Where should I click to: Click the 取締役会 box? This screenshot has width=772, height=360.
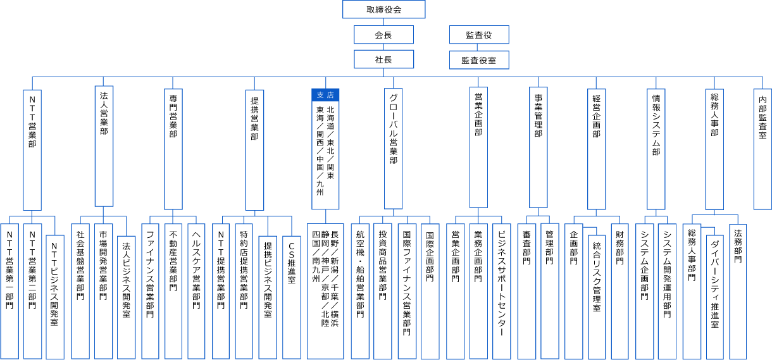(x=383, y=9)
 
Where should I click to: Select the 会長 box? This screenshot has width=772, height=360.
(x=383, y=34)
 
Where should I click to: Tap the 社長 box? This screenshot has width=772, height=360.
(x=383, y=59)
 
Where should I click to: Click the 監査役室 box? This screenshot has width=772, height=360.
(x=479, y=60)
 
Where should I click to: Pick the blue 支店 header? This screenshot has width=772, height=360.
(x=325, y=95)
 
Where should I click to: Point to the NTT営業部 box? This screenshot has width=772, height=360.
(x=32, y=150)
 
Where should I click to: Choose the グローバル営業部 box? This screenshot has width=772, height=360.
(x=393, y=149)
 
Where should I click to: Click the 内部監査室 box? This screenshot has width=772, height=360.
(x=763, y=149)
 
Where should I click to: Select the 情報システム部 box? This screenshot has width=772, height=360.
(x=656, y=149)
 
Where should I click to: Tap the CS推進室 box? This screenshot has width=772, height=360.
(x=292, y=297)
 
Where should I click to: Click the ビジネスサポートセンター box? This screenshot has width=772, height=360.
(x=501, y=292)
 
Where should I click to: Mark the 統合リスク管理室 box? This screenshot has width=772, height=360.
(x=597, y=297)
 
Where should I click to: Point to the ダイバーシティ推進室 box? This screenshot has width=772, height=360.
(x=715, y=297)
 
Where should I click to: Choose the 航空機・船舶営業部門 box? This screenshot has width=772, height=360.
(x=360, y=292)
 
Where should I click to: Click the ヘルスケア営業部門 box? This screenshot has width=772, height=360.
(x=196, y=292)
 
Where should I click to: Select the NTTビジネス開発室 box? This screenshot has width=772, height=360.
(x=55, y=297)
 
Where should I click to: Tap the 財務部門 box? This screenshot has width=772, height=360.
(x=619, y=292)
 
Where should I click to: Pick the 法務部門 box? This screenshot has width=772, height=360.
(x=738, y=292)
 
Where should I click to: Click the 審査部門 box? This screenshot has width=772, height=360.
(x=526, y=292)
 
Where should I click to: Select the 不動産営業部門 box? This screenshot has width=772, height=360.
(x=173, y=292)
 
